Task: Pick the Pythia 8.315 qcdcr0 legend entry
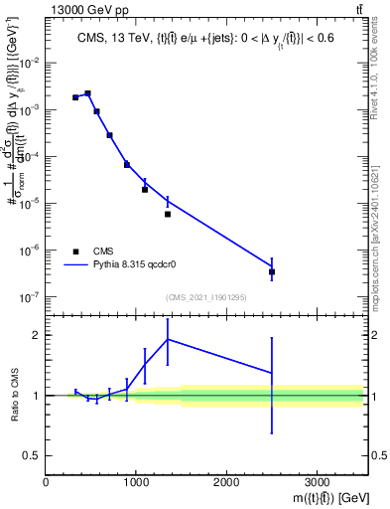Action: (119, 265)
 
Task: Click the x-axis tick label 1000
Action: (136, 481)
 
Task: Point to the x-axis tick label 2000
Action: (226, 481)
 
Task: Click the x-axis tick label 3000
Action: (317, 481)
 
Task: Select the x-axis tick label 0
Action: (46, 481)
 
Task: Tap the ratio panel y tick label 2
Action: (36, 335)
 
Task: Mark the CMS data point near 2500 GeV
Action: (272, 271)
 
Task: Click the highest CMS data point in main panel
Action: (87, 93)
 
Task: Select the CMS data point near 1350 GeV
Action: (168, 214)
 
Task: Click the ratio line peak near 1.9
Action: (168, 339)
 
